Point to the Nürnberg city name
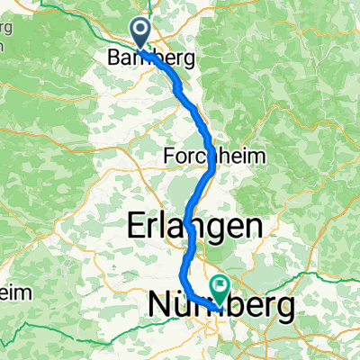(x=220, y=307)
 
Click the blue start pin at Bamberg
(x=141, y=31)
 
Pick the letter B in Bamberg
(x=112, y=58)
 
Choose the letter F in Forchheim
(x=168, y=156)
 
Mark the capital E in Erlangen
(x=139, y=226)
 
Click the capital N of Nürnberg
(x=156, y=307)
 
